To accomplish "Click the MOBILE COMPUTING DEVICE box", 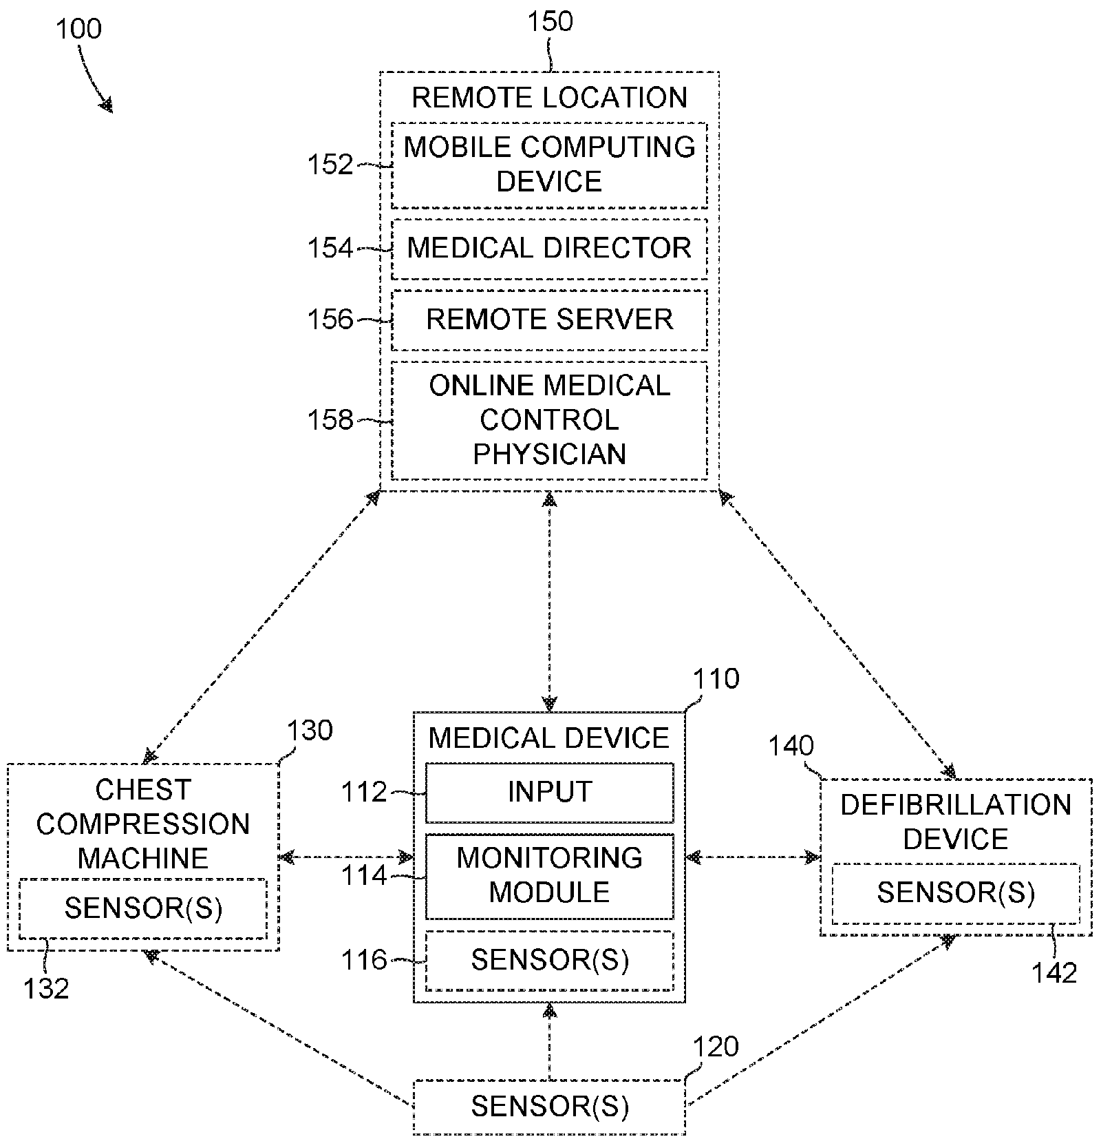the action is point(549,165).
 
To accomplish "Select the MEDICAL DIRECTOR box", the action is point(549,249).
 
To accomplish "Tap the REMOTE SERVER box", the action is point(549,320).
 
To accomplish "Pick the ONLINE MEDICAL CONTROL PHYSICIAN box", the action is point(549,420).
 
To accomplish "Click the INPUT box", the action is point(549,793).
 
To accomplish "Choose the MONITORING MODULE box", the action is point(549,876).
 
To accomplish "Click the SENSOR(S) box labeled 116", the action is point(549,961).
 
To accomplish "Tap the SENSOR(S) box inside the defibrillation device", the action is point(956,893).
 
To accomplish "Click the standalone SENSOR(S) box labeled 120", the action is point(549,1107).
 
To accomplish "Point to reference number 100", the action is point(78,30).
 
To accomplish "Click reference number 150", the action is point(550,21).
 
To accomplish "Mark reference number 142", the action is point(1054,973).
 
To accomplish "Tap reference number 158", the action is point(330,420).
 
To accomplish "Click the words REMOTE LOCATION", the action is point(549,98).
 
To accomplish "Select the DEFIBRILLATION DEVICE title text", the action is point(956,822).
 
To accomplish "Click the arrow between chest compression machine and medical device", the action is point(346,857).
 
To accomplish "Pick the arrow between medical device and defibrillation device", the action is point(753,857).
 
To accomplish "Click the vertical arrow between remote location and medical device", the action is point(549,601).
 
